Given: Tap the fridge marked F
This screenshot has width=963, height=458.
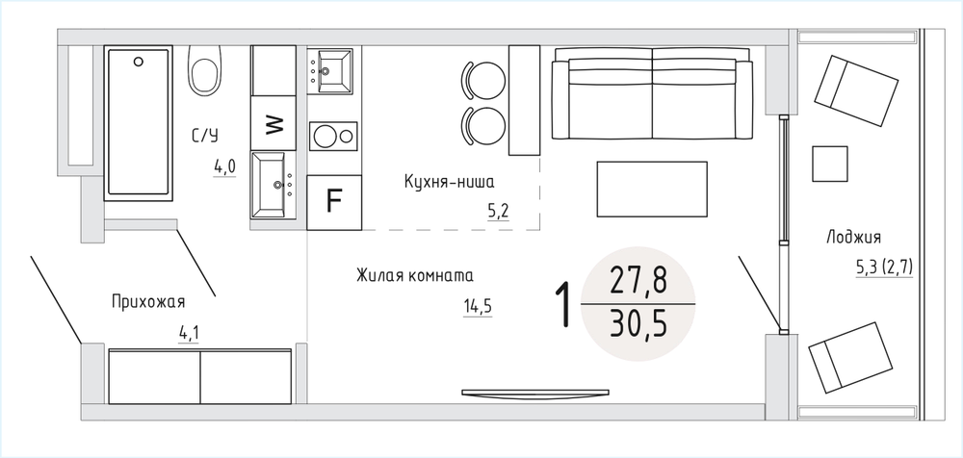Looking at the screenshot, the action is tap(334, 202).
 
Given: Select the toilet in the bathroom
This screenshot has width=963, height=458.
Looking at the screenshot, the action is tap(204, 70).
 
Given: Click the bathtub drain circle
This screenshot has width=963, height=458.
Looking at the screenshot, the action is tap(139, 61).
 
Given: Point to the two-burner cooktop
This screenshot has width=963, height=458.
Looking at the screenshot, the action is tap(333, 136).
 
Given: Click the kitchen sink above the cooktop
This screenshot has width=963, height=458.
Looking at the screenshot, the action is tap(329, 71).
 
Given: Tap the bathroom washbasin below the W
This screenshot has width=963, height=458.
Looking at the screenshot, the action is tap(273, 184).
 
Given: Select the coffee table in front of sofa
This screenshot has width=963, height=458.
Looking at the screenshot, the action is tap(652, 189).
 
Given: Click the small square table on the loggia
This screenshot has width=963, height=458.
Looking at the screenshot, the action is tap(830, 164).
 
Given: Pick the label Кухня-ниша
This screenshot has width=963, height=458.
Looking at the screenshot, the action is tap(449, 183).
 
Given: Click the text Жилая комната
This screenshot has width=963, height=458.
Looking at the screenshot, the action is tap(414, 275).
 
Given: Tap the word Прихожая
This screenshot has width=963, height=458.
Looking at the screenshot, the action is tap(148, 302).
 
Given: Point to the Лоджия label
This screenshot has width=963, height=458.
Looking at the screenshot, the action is tap(853, 238).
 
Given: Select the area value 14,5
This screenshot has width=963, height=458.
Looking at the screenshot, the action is tap(479, 306).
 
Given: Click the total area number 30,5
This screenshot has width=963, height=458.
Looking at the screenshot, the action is tap(638, 324).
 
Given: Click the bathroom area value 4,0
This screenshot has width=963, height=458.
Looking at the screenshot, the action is tap(224, 166).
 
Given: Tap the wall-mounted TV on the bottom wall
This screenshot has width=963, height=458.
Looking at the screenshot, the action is tap(535, 393).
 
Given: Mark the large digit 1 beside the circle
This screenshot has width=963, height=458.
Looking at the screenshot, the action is tap(563, 304).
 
